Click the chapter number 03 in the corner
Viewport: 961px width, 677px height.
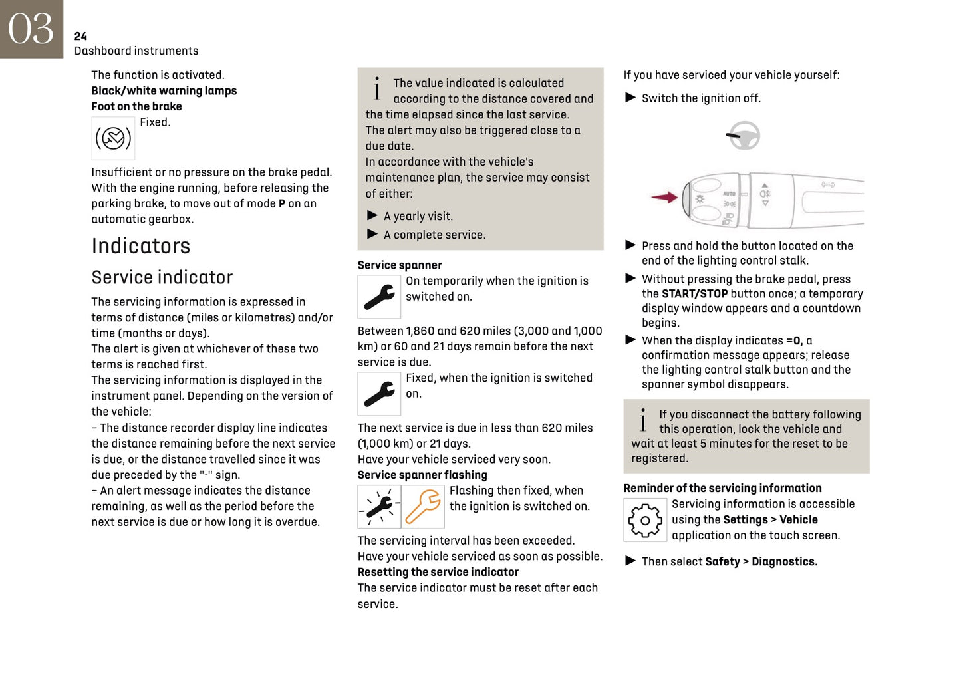(x=31, y=29)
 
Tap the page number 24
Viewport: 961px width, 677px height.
(x=80, y=36)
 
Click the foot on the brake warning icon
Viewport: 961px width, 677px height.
(x=113, y=138)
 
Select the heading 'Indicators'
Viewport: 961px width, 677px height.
(x=140, y=246)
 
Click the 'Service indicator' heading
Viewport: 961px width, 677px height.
(x=162, y=277)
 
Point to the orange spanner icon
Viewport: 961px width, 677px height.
(x=423, y=507)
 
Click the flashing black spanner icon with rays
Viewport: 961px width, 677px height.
(x=379, y=507)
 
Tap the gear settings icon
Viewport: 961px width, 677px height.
(x=644, y=520)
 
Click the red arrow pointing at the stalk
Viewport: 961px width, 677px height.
(x=664, y=197)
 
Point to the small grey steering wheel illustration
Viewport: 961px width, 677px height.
(x=743, y=136)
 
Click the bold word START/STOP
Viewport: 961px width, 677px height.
(x=694, y=294)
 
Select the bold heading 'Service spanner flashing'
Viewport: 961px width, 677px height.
(x=422, y=475)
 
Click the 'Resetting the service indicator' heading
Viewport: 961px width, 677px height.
(x=438, y=572)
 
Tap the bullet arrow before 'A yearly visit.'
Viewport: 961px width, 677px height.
(x=372, y=215)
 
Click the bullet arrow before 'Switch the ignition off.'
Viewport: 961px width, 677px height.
(x=630, y=98)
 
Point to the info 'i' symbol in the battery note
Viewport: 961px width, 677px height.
(x=642, y=420)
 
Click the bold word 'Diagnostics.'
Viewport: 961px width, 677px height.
(x=784, y=561)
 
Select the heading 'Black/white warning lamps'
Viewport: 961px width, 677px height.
(x=164, y=91)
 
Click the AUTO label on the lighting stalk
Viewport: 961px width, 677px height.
(x=729, y=194)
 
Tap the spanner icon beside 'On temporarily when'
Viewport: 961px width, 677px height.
(x=379, y=297)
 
